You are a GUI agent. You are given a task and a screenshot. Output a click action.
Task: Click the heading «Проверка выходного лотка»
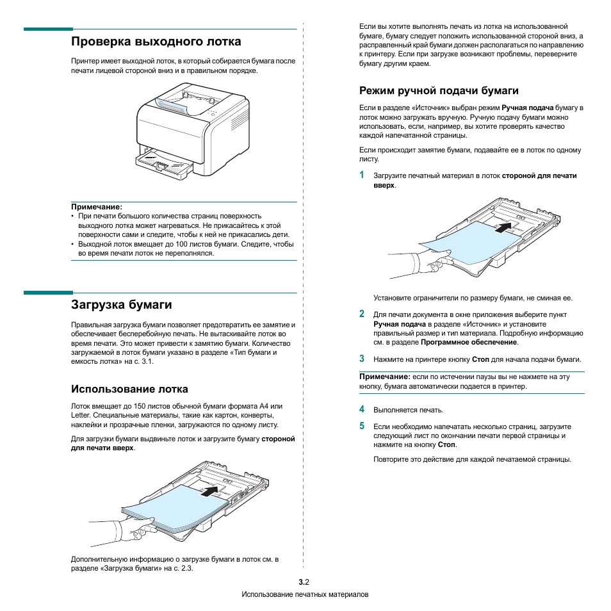tap(156, 42)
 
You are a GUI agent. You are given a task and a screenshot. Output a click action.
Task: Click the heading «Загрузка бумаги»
tap(121, 304)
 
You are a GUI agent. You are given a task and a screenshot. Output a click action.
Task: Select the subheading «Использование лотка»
tap(129, 389)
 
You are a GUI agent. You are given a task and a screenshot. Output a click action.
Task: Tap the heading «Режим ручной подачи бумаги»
tap(439, 91)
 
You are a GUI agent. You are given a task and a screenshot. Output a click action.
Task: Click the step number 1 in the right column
tap(361, 175)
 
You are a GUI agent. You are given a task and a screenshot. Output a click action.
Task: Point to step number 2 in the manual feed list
tap(361, 314)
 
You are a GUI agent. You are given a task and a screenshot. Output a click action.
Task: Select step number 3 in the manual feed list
tap(361, 359)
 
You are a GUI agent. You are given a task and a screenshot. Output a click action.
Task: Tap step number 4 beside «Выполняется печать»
tap(361, 409)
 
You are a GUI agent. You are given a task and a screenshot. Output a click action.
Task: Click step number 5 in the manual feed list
tap(361, 426)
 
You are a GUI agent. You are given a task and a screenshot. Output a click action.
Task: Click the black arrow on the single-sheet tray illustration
tap(505, 226)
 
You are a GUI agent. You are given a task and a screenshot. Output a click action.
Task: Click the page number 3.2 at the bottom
tap(304, 582)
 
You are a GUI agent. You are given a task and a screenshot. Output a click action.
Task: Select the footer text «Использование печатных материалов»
tap(305, 595)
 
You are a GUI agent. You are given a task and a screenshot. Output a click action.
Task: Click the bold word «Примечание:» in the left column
tap(96, 207)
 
